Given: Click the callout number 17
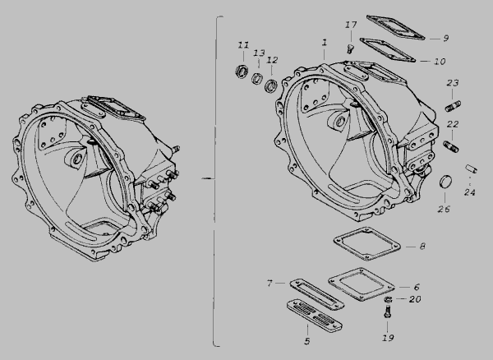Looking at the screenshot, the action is click(x=351, y=25).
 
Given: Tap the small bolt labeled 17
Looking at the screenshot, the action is click(x=349, y=49).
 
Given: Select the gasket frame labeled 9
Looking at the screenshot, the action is click(x=395, y=28).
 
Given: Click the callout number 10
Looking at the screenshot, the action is click(x=440, y=62).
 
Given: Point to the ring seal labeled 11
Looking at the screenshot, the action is click(x=242, y=71).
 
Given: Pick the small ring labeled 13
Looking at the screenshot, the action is click(x=257, y=78).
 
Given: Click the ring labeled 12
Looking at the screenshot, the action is click(x=270, y=85).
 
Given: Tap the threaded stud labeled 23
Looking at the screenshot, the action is click(x=453, y=106).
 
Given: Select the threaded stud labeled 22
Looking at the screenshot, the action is click(x=451, y=146).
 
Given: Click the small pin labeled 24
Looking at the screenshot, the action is click(x=471, y=168).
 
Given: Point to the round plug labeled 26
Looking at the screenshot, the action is click(x=445, y=182).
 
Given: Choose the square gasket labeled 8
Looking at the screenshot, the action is click(x=367, y=243).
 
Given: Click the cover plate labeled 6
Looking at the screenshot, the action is click(x=362, y=284).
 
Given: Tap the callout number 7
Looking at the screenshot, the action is click(x=269, y=284).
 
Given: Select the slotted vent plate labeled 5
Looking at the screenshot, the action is click(x=315, y=316).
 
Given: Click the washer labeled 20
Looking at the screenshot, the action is click(x=389, y=299).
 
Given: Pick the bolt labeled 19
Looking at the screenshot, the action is click(x=388, y=312).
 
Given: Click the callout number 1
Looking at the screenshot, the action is click(x=325, y=43).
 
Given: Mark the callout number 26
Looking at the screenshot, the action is click(x=444, y=209).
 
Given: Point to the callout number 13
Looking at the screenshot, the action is click(x=259, y=53).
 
